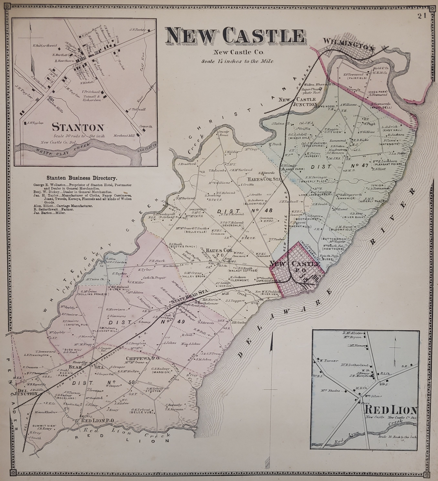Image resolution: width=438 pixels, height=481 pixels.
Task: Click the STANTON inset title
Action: pyautogui.click(x=77, y=128)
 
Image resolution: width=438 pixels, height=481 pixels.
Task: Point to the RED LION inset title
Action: pyautogui.click(x=391, y=410)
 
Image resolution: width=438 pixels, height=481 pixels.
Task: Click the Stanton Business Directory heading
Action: pyautogui.click(x=82, y=178)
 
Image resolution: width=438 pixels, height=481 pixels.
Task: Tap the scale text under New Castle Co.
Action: pyautogui.click(x=238, y=62)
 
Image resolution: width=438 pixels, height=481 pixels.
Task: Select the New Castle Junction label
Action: pyautogui.click(x=297, y=102)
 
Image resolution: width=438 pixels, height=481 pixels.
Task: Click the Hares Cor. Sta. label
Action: pyautogui.click(x=264, y=179)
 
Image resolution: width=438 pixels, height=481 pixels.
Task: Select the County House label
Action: pyautogui.click(x=223, y=133)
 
